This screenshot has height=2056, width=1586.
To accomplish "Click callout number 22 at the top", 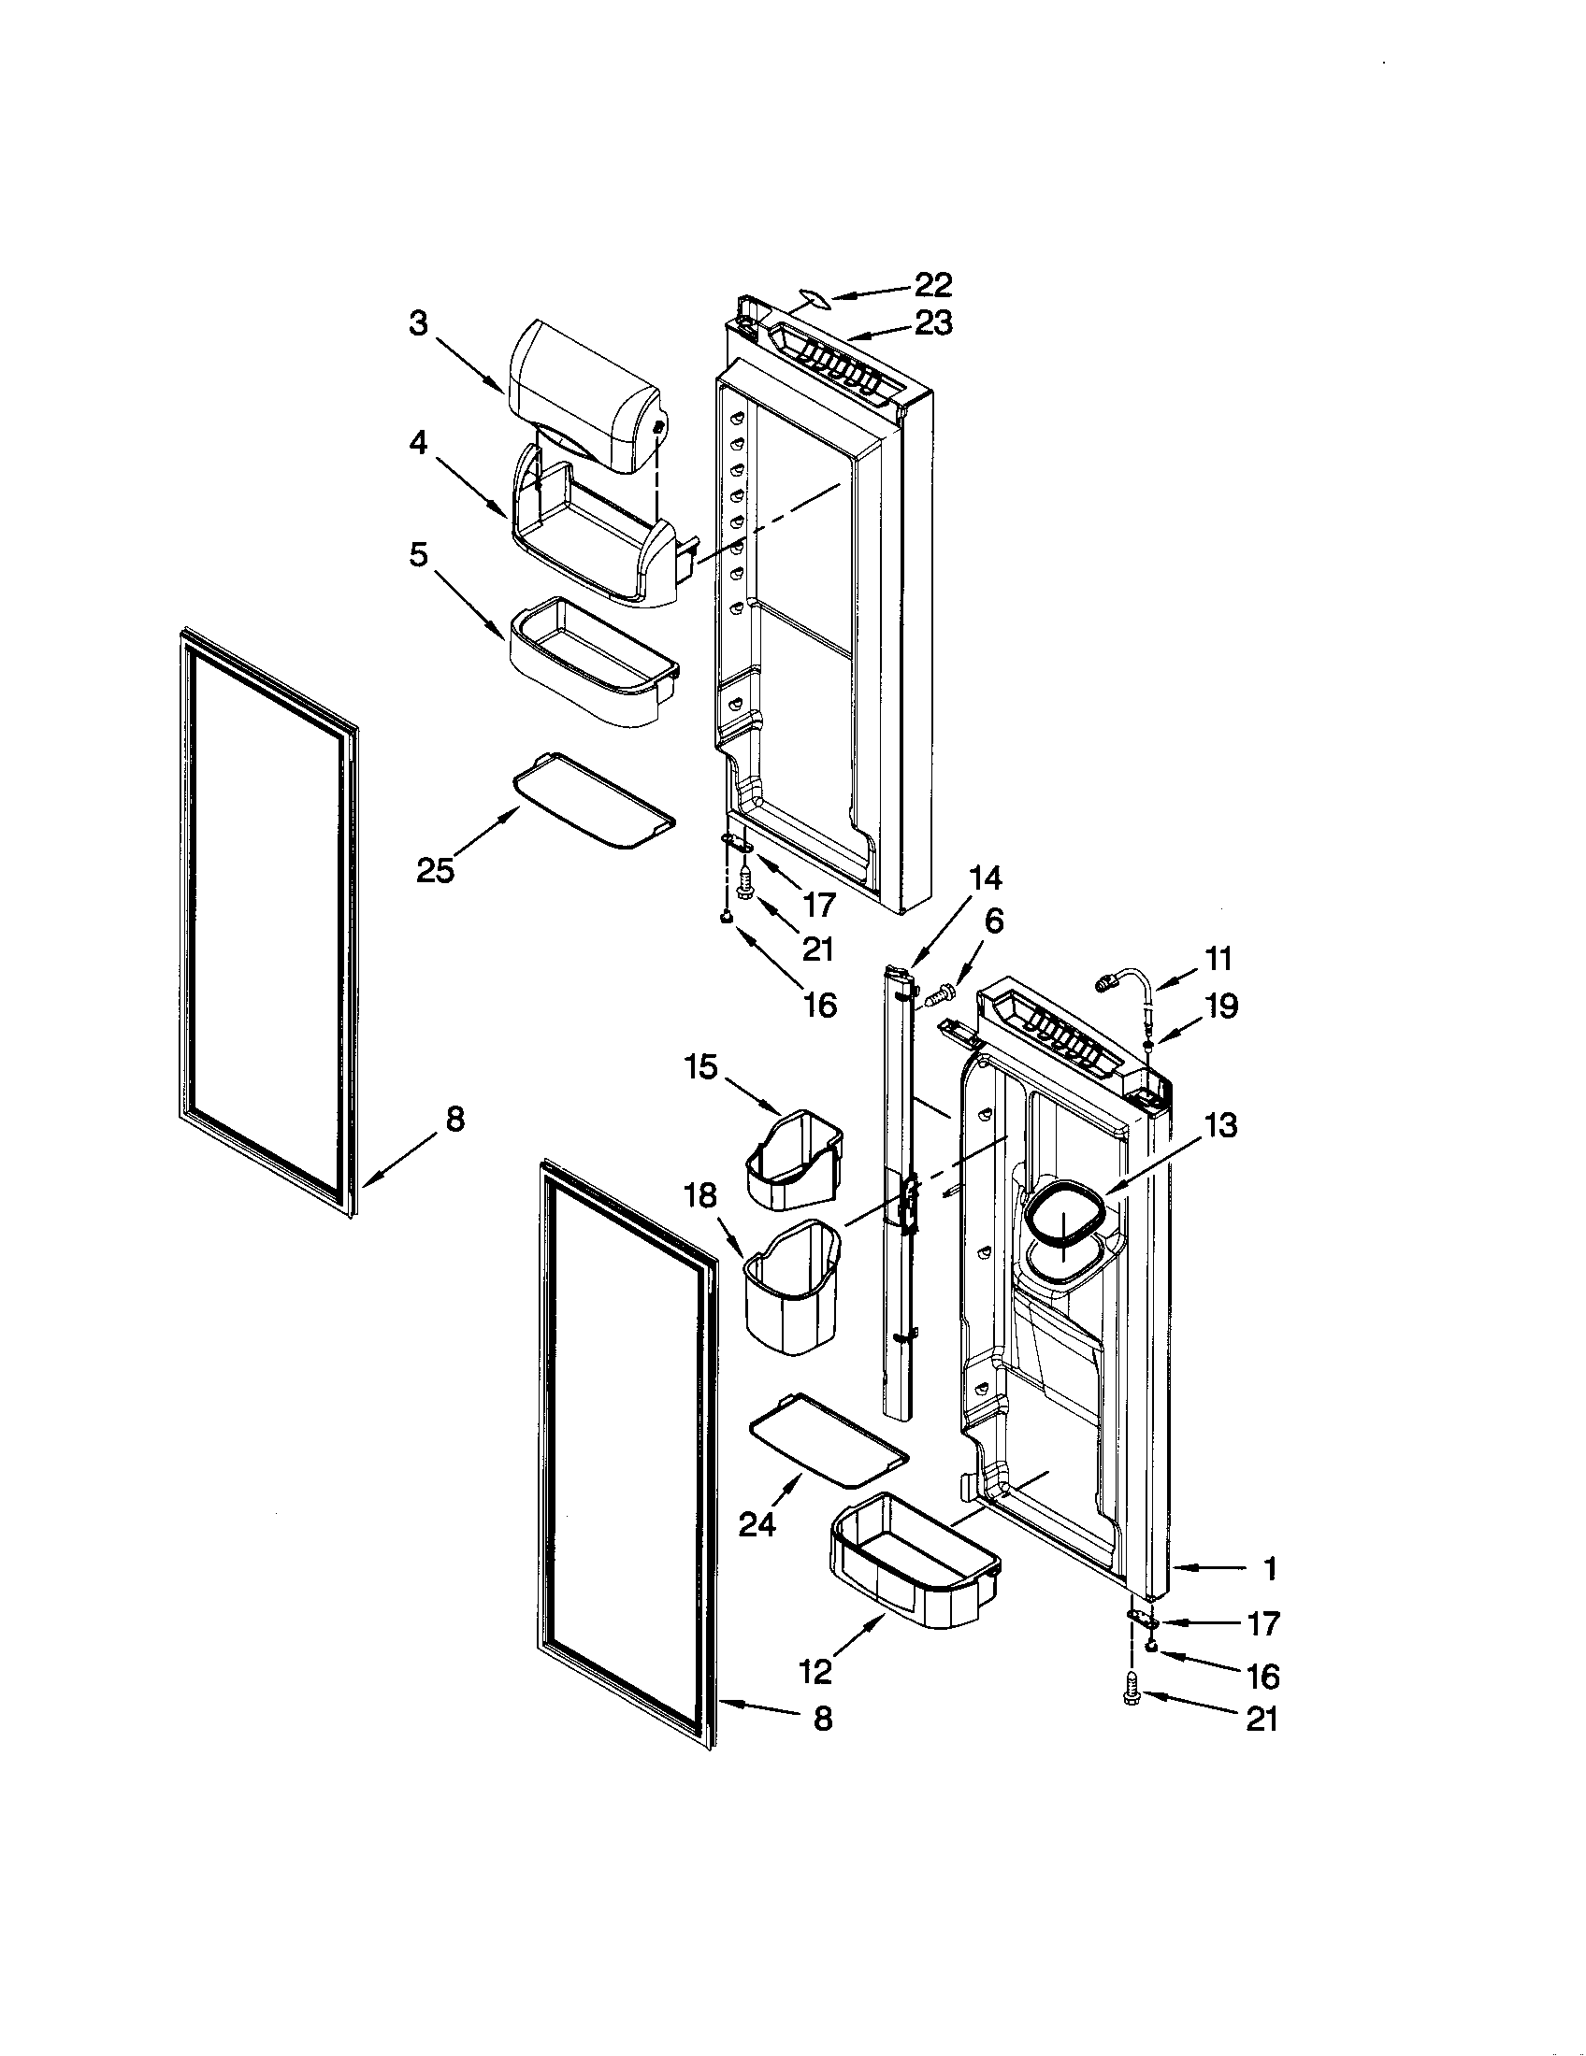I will pyautogui.click(x=932, y=284).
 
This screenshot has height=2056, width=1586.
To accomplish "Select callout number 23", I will pyautogui.click(x=932, y=323).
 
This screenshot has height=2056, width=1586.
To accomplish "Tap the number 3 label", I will pyautogui.click(x=419, y=323).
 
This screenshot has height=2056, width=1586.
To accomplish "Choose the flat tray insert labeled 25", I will pyautogui.click(x=593, y=800).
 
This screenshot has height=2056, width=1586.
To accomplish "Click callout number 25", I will pyautogui.click(x=435, y=871).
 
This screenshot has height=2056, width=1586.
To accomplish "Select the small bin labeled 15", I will pyautogui.click(x=795, y=1157).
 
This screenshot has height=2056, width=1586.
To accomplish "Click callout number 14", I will pyautogui.click(x=985, y=878).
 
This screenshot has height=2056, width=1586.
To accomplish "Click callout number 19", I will pyautogui.click(x=1221, y=1007).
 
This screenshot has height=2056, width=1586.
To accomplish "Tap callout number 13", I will pyautogui.click(x=1220, y=1124).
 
